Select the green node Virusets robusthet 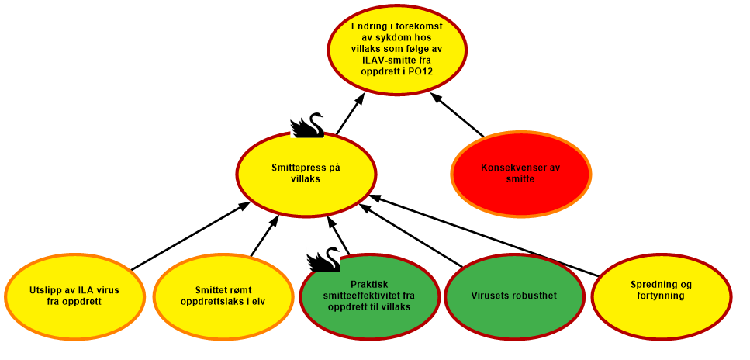click(x=513, y=295)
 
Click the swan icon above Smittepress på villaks click(x=306, y=124)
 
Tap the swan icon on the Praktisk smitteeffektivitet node click(x=323, y=259)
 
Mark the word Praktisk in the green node click(x=369, y=284)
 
